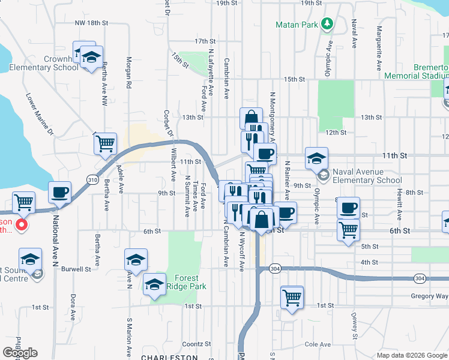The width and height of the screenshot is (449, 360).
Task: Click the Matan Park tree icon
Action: point(327,24)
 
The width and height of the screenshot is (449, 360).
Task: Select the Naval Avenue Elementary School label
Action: point(367,176)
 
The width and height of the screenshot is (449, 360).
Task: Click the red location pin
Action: point(21,226)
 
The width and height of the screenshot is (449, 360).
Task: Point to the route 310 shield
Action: point(92,179)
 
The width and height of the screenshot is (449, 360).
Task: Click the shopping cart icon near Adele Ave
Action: point(105,143)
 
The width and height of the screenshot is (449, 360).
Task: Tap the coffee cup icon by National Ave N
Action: point(59,192)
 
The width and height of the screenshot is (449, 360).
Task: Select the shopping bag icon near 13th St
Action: point(251,118)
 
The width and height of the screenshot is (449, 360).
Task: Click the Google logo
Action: point(20,353)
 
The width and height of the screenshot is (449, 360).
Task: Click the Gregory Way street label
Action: point(430,295)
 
